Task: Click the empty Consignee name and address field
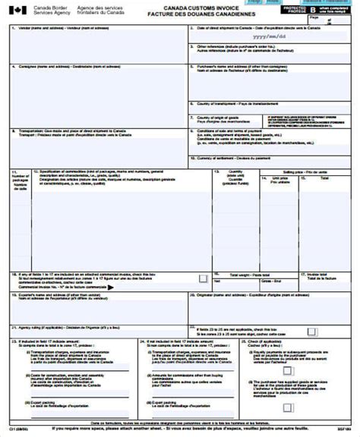click(95, 95)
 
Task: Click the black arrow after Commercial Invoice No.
click(112, 288)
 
